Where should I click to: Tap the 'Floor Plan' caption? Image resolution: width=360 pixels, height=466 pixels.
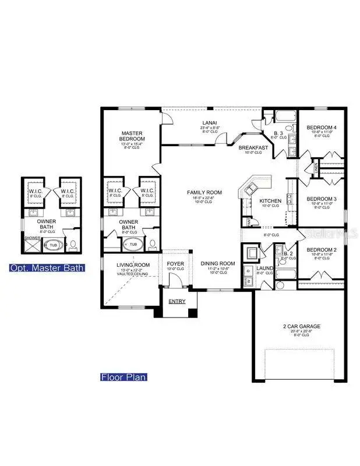(122, 377)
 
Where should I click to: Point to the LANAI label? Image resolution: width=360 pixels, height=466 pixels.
(209, 123)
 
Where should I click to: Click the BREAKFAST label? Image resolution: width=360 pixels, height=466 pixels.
(253, 147)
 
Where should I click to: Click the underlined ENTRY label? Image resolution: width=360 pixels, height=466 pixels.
(175, 301)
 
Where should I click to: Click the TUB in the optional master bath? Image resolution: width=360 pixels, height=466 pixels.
(52, 245)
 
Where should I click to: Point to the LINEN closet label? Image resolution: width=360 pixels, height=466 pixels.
(316, 167)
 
